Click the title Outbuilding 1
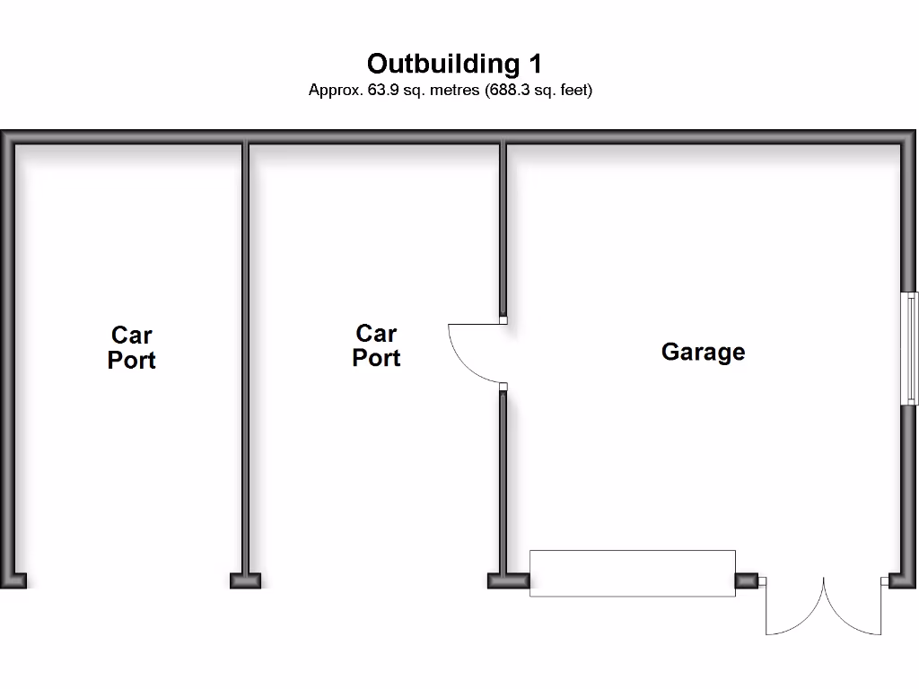pos(454,64)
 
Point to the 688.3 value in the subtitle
pos(510,91)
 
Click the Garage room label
pos(704,352)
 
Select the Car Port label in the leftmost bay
pos(131,347)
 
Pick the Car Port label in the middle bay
pos(376,345)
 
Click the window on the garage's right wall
pos(910,348)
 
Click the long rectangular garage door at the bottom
pos(633,573)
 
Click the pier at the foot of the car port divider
pos(245,580)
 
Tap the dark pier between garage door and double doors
pos(747,580)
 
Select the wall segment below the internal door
pos(503,482)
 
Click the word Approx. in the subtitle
pos(336,91)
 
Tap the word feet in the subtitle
pos(576,91)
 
